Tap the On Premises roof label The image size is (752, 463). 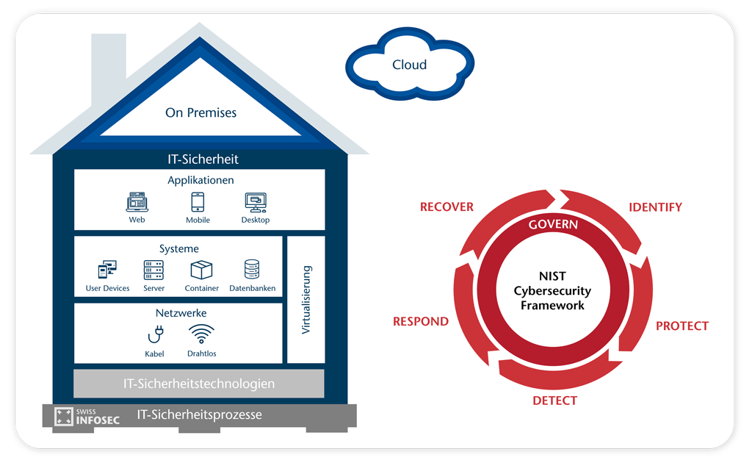(x=200, y=113)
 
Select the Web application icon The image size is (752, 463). (x=137, y=202)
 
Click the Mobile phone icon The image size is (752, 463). (x=198, y=202)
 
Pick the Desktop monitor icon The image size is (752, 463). (x=255, y=202)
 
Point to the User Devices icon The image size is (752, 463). (x=107, y=270)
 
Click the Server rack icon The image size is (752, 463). (x=153, y=270)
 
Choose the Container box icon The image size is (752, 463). (x=201, y=270)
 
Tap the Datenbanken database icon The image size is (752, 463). (x=252, y=270)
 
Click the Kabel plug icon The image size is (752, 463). (x=155, y=335)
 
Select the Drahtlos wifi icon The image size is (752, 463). (x=201, y=334)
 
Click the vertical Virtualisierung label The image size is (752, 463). (x=306, y=300)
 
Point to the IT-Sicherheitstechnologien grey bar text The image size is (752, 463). (x=199, y=384)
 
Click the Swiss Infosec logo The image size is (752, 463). (x=87, y=416)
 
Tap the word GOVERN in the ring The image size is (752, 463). (x=553, y=224)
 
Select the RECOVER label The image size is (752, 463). (x=446, y=207)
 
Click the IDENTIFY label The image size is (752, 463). (x=655, y=207)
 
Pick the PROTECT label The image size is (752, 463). (x=681, y=326)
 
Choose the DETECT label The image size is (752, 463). (x=554, y=401)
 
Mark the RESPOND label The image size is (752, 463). (x=420, y=321)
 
